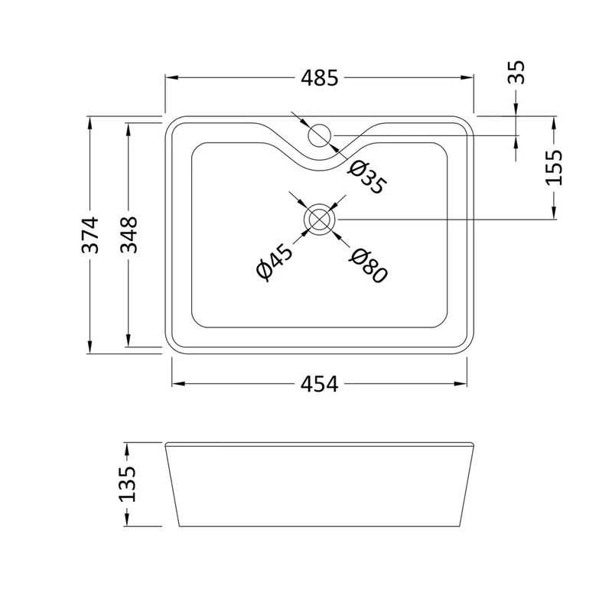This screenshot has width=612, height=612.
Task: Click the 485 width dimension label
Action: [x=319, y=78]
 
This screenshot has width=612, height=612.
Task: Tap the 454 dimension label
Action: [x=319, y=384]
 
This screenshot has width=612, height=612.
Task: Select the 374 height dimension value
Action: [x=90, y=235]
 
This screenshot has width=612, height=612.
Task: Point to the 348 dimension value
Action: [x=129, y=235]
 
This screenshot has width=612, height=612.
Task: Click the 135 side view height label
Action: [x=127, y=484]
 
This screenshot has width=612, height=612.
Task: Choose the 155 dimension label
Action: [x=554, y=168]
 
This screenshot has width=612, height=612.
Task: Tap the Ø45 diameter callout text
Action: [x=274, y=262]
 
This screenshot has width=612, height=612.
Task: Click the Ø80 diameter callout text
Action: [x=368, y=265]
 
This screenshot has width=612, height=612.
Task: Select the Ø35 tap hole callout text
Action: [x=367, y=177]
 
